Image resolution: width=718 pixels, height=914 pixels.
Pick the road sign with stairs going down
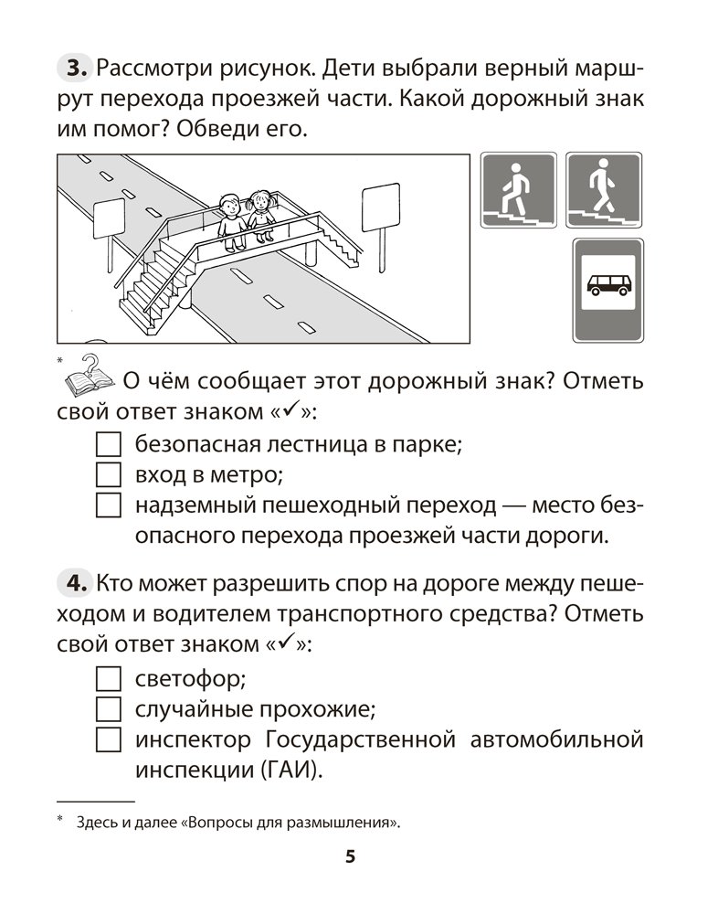point(603,190)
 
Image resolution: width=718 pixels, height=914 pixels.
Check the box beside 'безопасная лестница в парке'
point(108,445)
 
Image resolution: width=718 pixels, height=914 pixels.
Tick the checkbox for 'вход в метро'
point(108,475)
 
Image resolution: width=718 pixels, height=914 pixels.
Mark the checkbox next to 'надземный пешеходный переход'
point(108,505)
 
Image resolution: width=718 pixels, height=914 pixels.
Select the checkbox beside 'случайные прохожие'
point(108,709)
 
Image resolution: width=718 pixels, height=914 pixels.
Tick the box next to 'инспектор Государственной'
point(108,739)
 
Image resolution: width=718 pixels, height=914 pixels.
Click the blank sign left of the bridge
point(109,217)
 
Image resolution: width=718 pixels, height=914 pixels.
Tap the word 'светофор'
point(192,680)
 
